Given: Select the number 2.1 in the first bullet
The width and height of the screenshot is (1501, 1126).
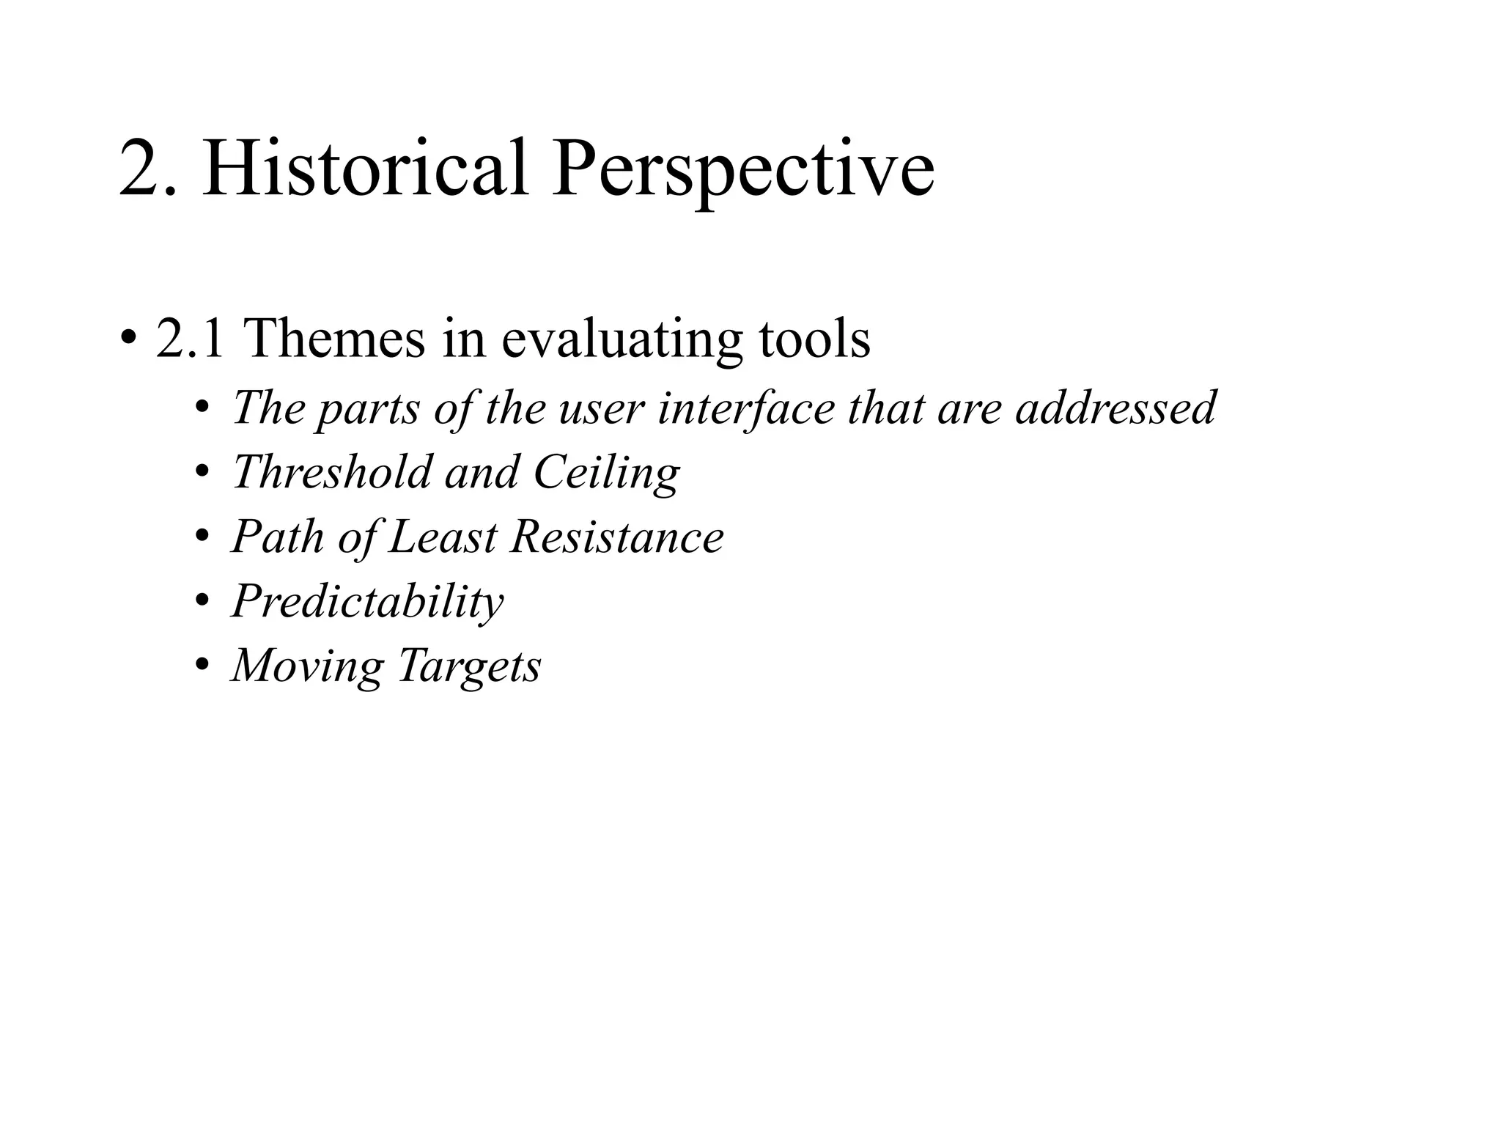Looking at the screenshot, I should pyautogui.click(x=190, y=339).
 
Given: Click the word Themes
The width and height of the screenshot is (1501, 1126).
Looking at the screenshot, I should pyautogui.click(x=333, y=339).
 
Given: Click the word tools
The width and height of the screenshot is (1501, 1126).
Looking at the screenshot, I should pyautogui.click(x=814, y=339).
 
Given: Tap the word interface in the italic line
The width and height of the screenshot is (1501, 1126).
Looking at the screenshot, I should pyautogui.click(x=746, y=408).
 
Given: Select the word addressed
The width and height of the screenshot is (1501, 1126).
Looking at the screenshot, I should pyautogui.click(x=1115, y=408).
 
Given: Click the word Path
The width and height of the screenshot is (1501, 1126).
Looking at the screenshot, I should pyautogui.click(x=277, y=537).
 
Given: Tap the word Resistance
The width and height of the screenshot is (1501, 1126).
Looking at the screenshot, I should pyautogui.click(x=617, y=537).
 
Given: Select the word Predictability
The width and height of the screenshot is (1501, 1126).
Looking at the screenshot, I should pyautogui.click(x=367, y=603).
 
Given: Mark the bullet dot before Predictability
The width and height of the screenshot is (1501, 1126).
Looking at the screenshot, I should pyautogui.click(x=202, y=601).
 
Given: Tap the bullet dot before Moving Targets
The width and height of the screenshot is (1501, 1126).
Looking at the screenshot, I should pyautogui.click(x=202, y=666).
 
